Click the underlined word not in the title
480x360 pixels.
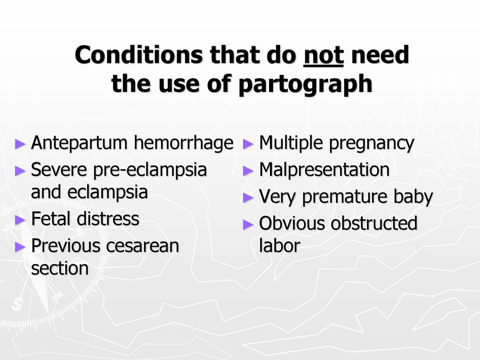pyautogui.click(x=323, y=55)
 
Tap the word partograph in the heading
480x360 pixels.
pyautogui.click(x=305, y=84)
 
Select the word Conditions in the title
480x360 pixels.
pyautogui.click(x=139, y=55)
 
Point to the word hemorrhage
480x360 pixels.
pyautogui.click(x=184, y=143)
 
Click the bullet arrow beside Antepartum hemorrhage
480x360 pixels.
pyautogui.click(x=20, y=143)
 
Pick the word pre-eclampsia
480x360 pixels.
pyautogui.click(x=150, y=170)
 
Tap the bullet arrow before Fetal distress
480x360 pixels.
pyautogui.click(x=20, y=220)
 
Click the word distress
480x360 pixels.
pyautogui.click(x=108, y=219)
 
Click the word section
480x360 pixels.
pyautogui.click(x=60, y=269)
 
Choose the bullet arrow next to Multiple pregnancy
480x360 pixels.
pyautogui.click(x=248, y=143)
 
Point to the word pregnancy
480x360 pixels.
pyautogui.click(x=371, y=143)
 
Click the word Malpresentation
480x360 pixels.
pyautogui.click(x=324, y=170)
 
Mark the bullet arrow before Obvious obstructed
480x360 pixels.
pyautogui.click(x=248, y=225)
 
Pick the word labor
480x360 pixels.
pyautogui.click(x=279, y=246)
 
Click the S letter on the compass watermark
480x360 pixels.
pyautogui.click(x=17, y=304)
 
